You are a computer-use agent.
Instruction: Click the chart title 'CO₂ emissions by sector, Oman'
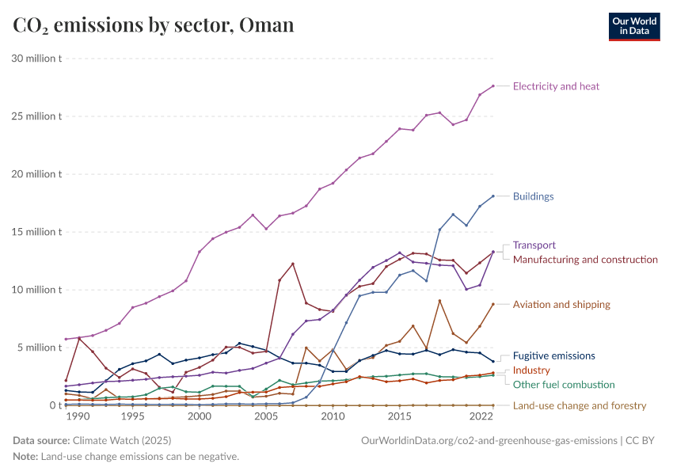pyautogui.click(x=154, y=25)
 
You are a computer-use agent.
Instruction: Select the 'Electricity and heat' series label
pyautogui.click(x=561, y=86)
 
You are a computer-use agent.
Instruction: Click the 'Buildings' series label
pyautogui.click(x=533, y=196)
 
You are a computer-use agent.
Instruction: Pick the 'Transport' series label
pyautogui.click(x=534, y=245)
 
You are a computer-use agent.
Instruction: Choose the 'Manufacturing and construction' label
pyautogui.click(x=585, y=260)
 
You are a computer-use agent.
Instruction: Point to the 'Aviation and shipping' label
pyautogui.click(x=561, y=305)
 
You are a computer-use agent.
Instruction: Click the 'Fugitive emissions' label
pyautogui.click(x=553, y=356)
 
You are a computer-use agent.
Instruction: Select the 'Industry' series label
pyautogui.click(x=531, y=370)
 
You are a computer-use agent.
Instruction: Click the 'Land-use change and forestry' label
pyautogui.click(x=579, y=406)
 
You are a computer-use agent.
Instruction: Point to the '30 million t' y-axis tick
pyautogui.click(x=36, y=59)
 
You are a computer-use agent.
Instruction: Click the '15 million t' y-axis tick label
pyautogui.click(x=36, y=232)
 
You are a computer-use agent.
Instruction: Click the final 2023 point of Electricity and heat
pyautogui.click(x=493, y=85)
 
